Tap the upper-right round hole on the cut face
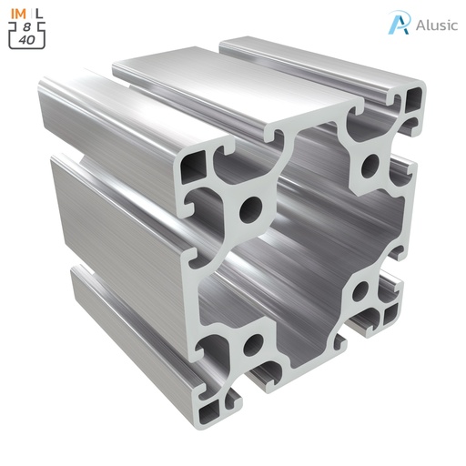(371, 167)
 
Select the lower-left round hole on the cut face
(254, 345)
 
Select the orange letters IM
(18, 12)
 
